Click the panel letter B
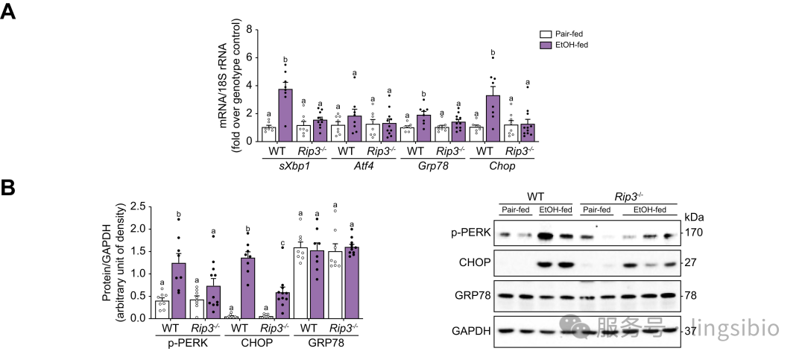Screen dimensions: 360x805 10,188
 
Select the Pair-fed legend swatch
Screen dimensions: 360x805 545,34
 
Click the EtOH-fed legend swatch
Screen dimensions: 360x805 545,45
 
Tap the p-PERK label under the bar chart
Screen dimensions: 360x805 189,344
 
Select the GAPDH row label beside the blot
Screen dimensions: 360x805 470,330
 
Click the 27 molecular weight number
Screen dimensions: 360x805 691,263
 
